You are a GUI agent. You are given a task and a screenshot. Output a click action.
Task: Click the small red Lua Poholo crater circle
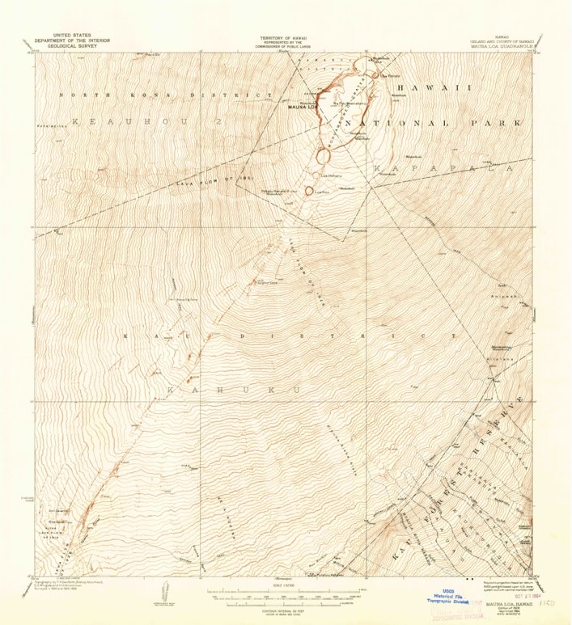click(x=308, y=191)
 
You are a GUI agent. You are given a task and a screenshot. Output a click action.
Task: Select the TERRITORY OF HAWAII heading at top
click(x=286, y=38)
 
